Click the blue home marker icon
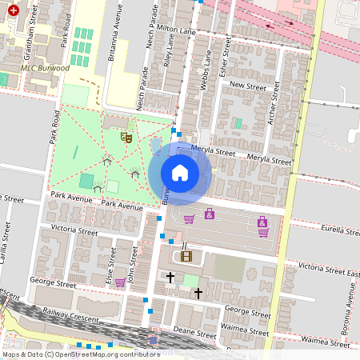coord(180,173)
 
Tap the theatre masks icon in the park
coord(126,138)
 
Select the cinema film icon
coord(186,256)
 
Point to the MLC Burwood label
coord(46,68)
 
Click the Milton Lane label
coord(178,28)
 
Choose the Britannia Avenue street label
coord(113,36)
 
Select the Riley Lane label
coord(167,50)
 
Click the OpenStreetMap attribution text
coord(80,354)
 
